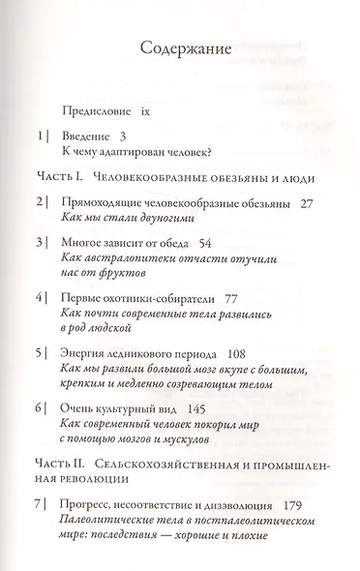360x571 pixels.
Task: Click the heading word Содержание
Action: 179,52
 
